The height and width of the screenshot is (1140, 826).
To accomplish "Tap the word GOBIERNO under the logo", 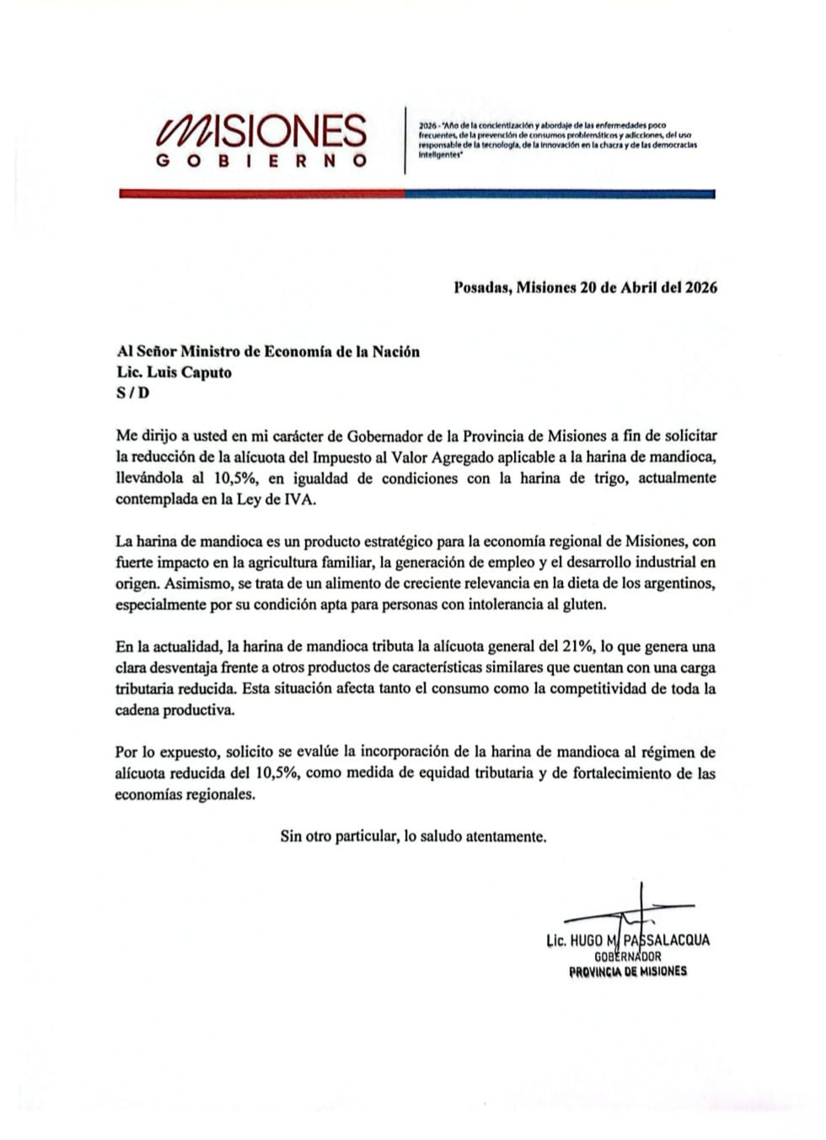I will [x=261, y=161].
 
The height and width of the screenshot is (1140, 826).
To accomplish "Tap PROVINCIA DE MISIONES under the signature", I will [x=628, y=971].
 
